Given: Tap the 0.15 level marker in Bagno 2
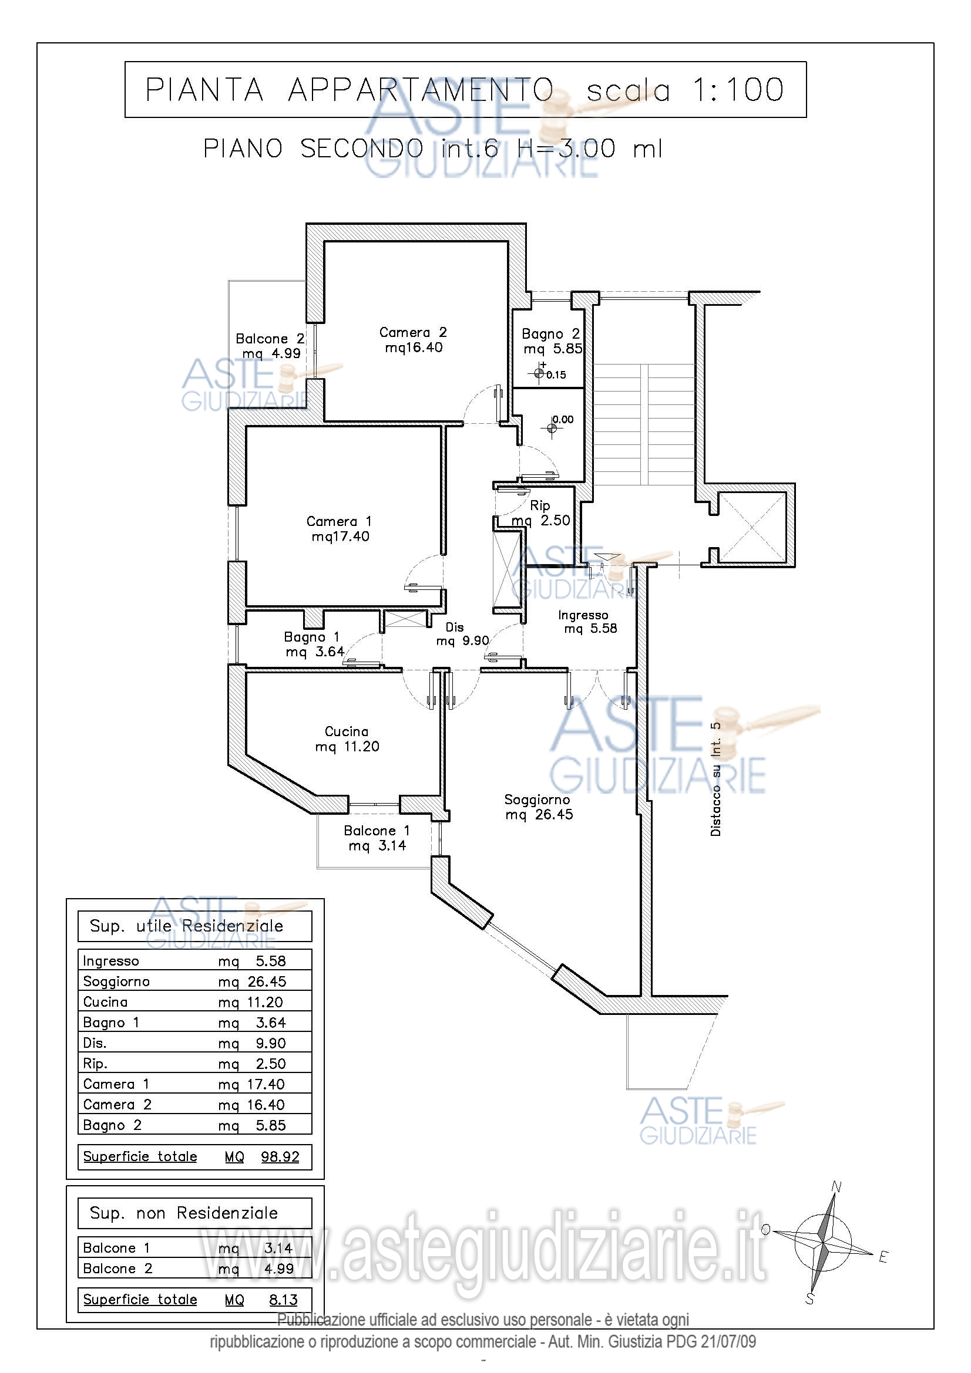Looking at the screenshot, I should click(x=540, y=374).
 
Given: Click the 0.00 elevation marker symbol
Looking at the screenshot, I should click(x=552, y=428).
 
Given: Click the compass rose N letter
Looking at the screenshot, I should click(x=837, y=1187).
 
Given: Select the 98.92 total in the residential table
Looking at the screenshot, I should click(x=280, y=1156).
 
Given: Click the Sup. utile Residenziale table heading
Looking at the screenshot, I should click(x=186, y=926).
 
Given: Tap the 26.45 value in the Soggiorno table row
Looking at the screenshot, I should click(x=267, y=981).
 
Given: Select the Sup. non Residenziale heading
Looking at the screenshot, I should click(x=184, y=1213).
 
